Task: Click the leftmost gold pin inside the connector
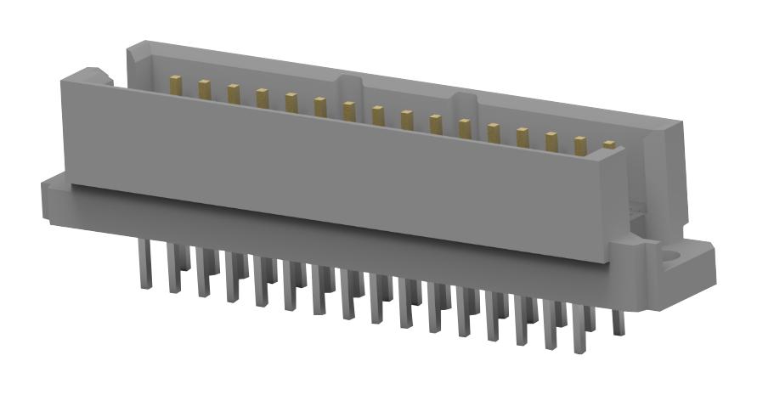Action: [x=176, y=84]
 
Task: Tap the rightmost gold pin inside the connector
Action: [x=609, y=146]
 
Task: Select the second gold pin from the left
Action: [x=204, y=88]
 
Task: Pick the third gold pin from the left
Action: [x=233, y=93]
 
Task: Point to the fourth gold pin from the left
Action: [x=262, y=99]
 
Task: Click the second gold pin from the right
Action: [x=580, y=145]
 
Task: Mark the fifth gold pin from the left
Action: [x=291, y=103]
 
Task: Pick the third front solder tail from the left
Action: [x=203, y=272]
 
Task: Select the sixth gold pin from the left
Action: [x=319, y=107]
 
